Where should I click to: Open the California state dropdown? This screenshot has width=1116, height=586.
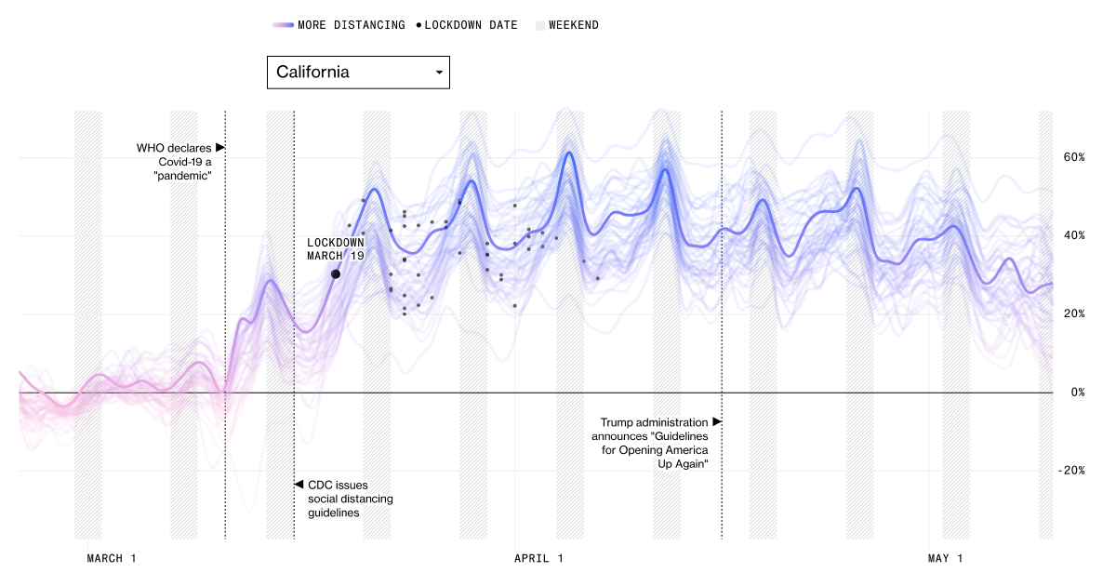point(358,73)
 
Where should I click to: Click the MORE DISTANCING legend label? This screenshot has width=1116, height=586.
point(352,25)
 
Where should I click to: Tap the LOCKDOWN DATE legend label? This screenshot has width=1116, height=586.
point(471,25)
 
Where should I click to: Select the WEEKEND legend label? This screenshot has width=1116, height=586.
point(574,25)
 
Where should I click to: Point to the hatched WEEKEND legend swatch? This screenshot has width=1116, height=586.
point(539,25)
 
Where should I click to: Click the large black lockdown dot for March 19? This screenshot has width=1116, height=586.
point(335,274)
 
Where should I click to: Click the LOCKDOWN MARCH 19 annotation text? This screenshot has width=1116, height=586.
point(336,249)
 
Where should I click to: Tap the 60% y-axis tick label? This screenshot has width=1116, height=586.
point(1075,157)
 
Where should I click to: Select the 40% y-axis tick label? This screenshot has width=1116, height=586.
point(1075,235)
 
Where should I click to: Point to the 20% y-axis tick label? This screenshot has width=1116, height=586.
point(1075,313)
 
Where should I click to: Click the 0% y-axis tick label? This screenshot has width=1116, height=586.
point(1078,393)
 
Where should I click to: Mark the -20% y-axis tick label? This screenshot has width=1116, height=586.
point(1071,471)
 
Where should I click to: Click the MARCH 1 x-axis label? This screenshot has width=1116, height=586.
point(112,559)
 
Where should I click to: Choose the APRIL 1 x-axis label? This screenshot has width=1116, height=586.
point(538,559)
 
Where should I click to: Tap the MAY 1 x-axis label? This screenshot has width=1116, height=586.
point(946,559)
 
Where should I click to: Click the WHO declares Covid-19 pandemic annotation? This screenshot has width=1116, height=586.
point(174,161)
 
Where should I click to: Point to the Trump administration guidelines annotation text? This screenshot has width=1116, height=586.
point(655,443)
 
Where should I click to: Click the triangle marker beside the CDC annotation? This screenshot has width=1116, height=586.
point(299,485)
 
